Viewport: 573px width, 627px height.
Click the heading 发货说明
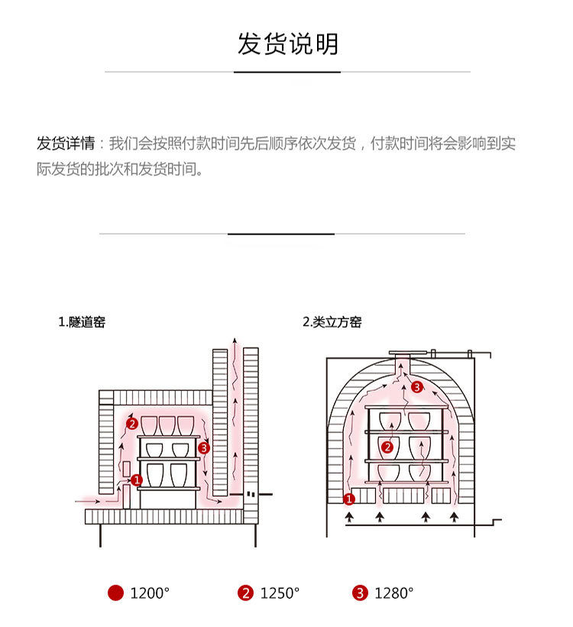[287, 44]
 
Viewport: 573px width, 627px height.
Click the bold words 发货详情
[66, 144]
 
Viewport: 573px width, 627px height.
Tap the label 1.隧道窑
[82, 322]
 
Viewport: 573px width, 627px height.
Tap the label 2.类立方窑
[332, 322]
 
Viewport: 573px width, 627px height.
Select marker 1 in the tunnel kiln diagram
[137, 480]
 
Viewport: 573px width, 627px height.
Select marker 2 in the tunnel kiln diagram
[131, 423]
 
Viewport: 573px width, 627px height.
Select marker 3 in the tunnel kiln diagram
[203, 448]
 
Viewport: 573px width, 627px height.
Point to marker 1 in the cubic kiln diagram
[349, 499]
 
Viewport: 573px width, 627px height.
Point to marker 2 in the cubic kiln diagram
[387, 447]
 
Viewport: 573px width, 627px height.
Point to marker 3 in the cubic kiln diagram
[416, 387]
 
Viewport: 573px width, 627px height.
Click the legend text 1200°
[149, 593]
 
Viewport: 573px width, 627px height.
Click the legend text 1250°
[280, 593]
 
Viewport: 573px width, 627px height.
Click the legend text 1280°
[393, 593]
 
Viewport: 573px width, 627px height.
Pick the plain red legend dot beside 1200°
[115, 593]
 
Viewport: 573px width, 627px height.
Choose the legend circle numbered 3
[360, 593]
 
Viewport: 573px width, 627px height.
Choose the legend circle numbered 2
[245, 593]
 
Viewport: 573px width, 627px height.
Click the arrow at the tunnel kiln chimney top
[235, 341]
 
